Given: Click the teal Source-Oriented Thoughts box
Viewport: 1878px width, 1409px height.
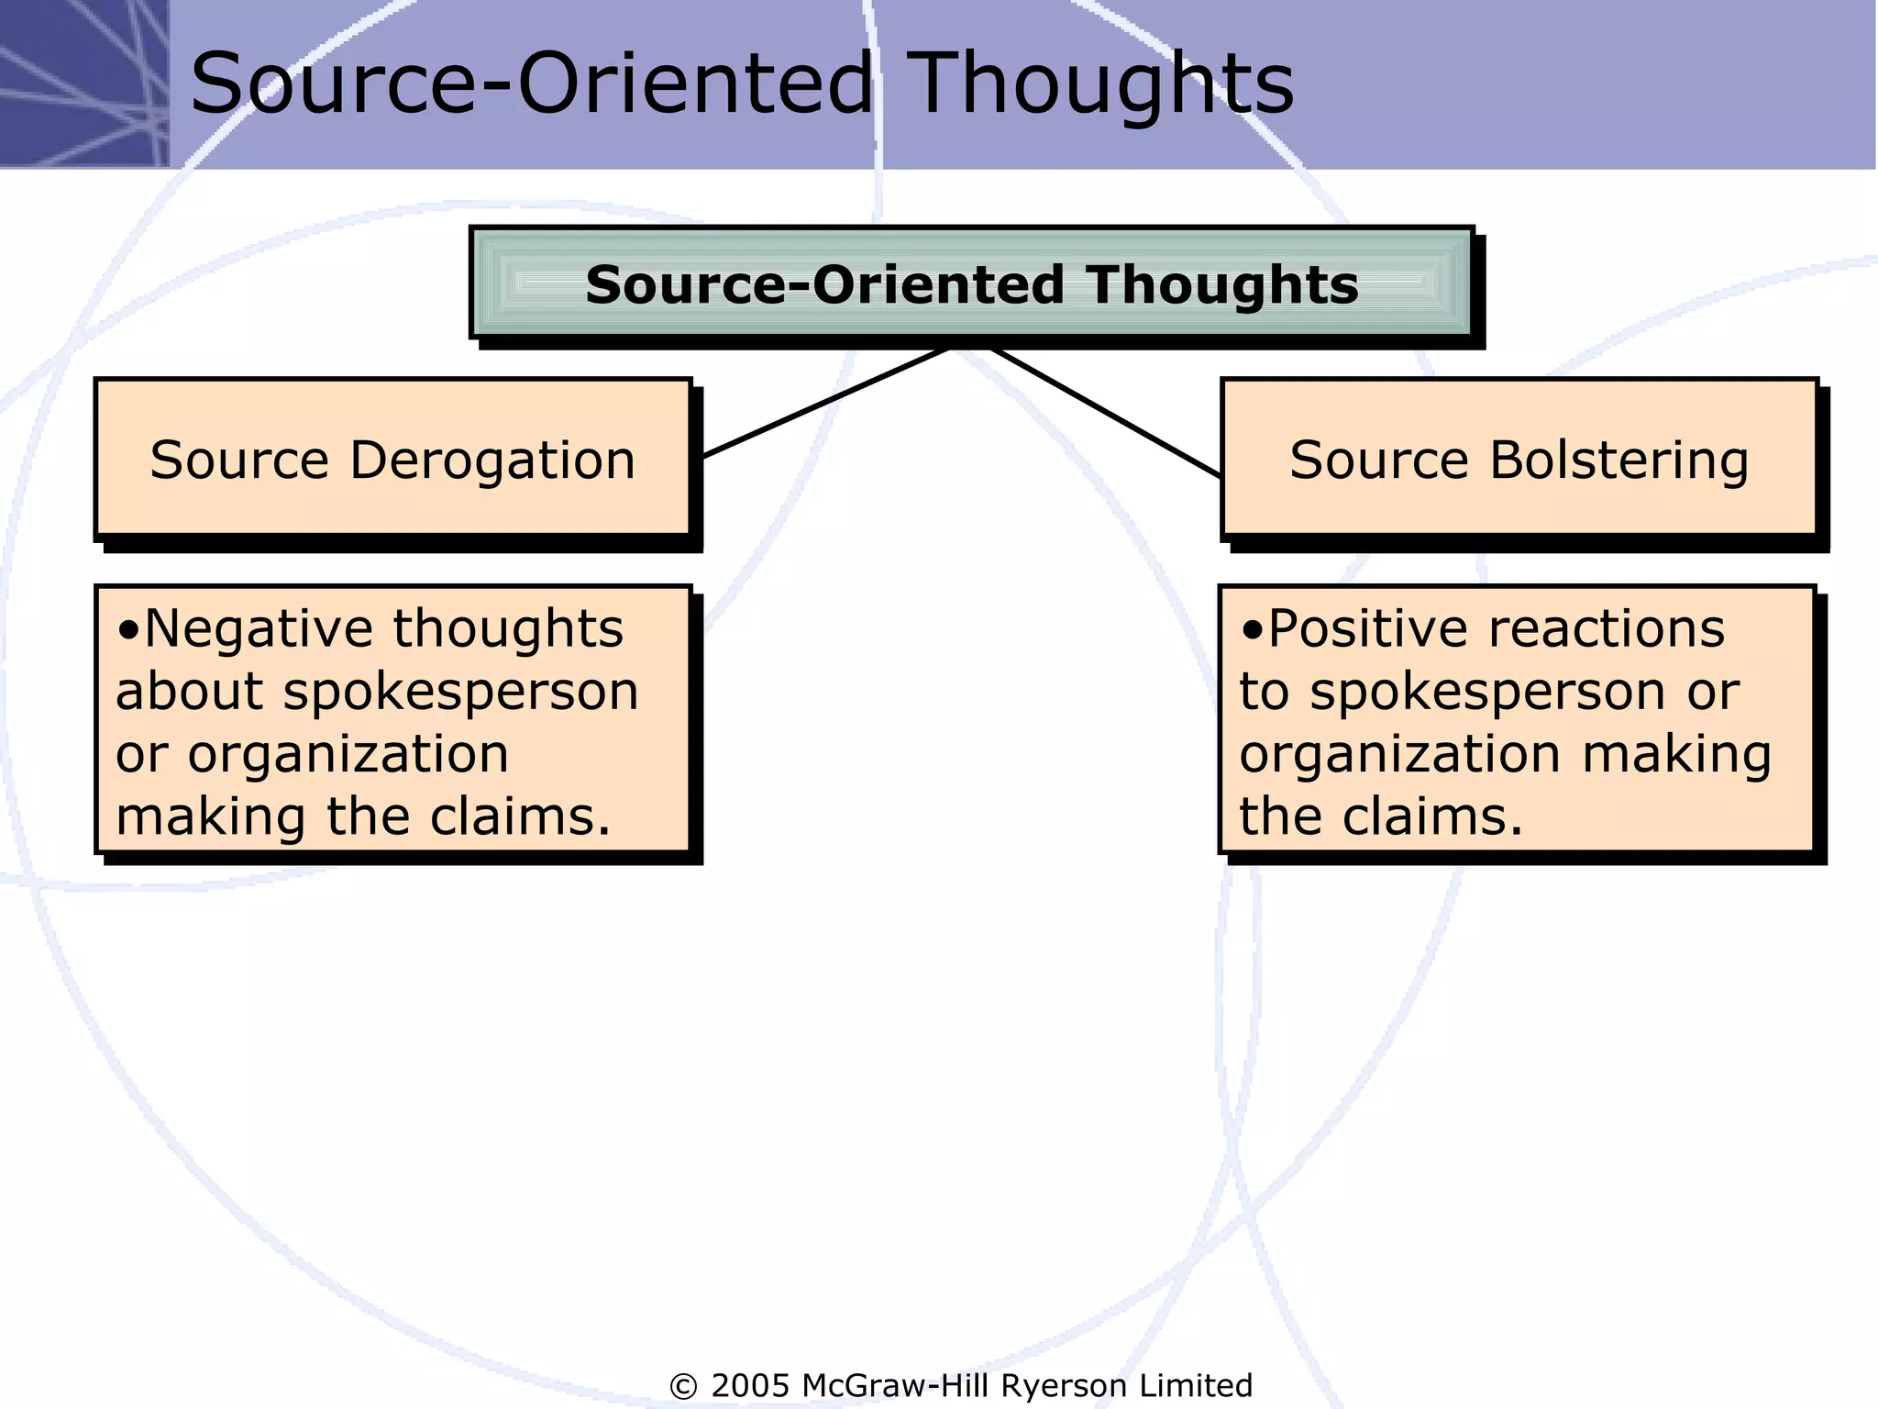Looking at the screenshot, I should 972,283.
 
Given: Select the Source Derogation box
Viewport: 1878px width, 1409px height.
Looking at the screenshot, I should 392,458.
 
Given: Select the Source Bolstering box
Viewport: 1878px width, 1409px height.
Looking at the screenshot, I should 1519,458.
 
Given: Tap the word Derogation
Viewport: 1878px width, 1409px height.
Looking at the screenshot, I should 492,460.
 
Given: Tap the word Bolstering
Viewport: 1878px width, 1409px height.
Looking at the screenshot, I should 1618,460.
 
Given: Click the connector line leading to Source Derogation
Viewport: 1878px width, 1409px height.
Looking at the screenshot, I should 825,402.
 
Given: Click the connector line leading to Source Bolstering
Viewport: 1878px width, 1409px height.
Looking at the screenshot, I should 1105,412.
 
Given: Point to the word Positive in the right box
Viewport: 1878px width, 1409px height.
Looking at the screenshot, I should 1371,629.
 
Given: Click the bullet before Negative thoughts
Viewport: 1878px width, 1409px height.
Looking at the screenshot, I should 129,631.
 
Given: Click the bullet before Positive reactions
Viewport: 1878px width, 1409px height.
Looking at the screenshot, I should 1253,631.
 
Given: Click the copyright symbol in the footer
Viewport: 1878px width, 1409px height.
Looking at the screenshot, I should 684,1386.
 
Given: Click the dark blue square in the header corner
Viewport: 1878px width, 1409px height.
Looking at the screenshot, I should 83,83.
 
